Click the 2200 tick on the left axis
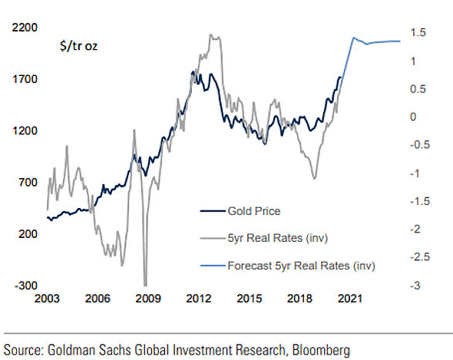coord(25,27)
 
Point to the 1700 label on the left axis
coord(25,78)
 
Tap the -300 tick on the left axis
coord(25,285)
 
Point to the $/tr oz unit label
coord(78,46)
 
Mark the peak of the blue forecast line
coord(352,37)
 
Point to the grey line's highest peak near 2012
coord(210,35)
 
